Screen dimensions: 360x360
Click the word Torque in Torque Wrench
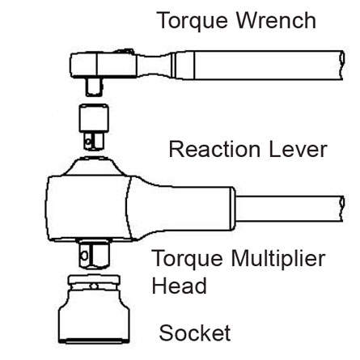[193, 21]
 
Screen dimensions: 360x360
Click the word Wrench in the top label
[276, 20]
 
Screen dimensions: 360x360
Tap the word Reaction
[214, 149]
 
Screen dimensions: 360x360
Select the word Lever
[298, 149]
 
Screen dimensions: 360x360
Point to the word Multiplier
[278, 259]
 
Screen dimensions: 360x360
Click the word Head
[179, 286]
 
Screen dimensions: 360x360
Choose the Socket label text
[195, 332]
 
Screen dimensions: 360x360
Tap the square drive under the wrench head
[94, 87]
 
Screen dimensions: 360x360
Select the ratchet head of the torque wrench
[104, 65]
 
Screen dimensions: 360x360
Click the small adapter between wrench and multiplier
[94, 126]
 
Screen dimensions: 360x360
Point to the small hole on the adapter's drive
[88, 141]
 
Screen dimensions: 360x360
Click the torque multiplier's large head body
[89, 208]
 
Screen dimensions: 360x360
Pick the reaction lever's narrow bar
[290, 209]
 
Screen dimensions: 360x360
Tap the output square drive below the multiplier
[95, 255]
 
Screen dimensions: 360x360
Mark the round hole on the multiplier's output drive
[84, 255]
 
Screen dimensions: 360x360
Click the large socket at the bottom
[94, 309]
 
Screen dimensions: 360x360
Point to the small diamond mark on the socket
[94, 286]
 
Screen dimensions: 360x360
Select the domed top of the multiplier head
[92, 167]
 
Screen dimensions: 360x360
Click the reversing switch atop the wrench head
[123, 51]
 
